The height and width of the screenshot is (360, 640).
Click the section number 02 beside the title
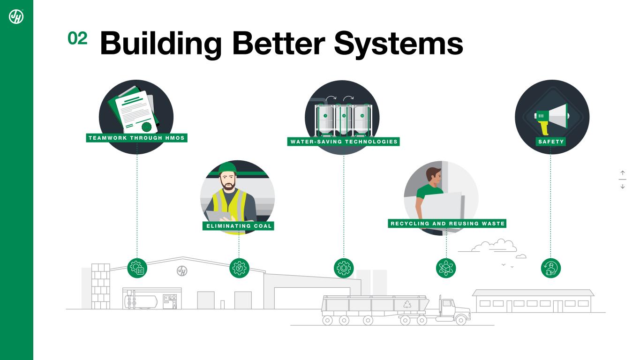coord(77,39)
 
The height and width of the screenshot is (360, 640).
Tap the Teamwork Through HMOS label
coord(137,138)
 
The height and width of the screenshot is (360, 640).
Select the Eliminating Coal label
coord(239,226)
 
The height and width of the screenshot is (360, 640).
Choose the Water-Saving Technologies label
coord(344,142)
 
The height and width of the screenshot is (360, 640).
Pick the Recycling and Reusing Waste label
coord(447,224)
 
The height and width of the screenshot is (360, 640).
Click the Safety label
coord(551,142)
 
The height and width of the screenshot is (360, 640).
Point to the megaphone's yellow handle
coord(544,127)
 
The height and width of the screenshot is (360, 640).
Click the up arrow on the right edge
coord(623,173)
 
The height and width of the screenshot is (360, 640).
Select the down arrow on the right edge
coord(623,186)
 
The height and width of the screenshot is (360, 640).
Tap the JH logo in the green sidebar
coord(16,16)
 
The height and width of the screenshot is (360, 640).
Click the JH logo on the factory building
coord(182,271)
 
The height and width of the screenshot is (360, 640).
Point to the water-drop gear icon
coord(344,268)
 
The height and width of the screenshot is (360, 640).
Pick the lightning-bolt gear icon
coord(239,268)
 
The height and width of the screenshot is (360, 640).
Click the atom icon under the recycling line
coord(446,268)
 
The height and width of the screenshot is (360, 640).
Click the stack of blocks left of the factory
coord(100,286)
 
